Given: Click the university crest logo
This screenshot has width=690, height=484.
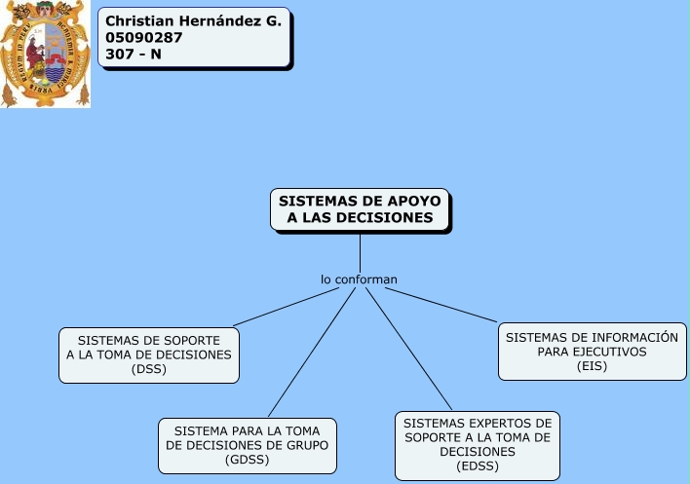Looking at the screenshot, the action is coord(45,55).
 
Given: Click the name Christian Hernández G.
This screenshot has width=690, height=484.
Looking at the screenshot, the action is coord(192,20).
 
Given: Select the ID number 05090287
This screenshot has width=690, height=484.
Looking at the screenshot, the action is coord(138,37).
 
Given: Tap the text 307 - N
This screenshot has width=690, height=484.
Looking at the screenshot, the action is coord(134,54).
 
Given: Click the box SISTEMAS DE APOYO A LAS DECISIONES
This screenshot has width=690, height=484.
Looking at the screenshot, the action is coord(360,209).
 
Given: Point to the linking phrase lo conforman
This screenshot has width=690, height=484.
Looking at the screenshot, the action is coord(360,279).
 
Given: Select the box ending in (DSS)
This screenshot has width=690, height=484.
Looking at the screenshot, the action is coord(149,354).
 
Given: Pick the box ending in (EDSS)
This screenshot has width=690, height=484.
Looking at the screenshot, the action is coord(478,445).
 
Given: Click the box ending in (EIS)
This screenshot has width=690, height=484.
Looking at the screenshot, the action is coord(593,352).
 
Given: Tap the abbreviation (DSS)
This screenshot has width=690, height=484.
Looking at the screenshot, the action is coord(149,369).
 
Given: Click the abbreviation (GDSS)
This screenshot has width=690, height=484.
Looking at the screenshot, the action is coord(248,459).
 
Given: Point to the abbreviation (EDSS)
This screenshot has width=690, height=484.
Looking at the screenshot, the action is coord(478,466).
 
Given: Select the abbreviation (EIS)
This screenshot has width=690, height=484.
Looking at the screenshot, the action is coord(593,366).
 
